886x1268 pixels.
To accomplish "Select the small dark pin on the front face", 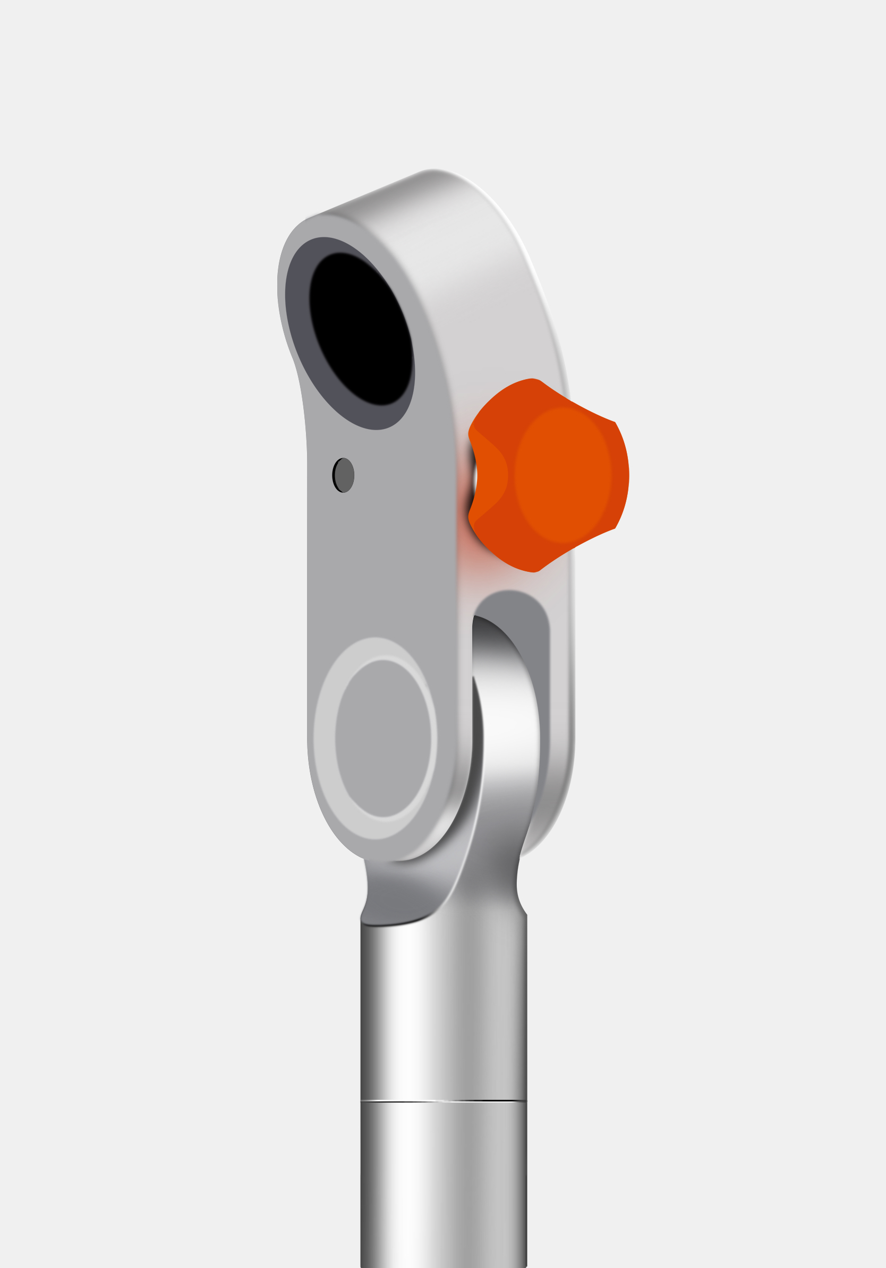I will (x=343, y=475).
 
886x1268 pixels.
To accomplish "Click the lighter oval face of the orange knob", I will (x=563, y=475).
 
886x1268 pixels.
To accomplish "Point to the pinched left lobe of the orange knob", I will (x=489, y=475).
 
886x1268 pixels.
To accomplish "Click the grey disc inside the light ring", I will (x=383, y=740).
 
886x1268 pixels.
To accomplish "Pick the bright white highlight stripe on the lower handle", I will (x=406, y=1187).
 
